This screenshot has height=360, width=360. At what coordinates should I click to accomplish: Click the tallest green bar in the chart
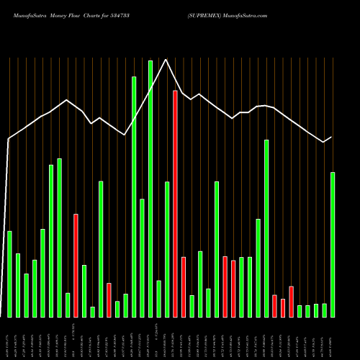150,189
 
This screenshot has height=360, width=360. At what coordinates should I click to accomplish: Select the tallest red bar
175,204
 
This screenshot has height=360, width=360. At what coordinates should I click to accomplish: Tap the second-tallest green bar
134,197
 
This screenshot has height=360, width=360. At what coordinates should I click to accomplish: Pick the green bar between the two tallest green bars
142,258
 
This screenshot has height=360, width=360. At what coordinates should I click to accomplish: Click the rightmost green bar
333,244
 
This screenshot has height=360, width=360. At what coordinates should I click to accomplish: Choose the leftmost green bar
9,274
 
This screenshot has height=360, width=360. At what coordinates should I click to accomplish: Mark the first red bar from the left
76,265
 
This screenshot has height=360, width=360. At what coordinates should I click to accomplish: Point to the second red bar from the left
109,300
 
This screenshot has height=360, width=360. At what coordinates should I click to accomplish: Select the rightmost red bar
291,302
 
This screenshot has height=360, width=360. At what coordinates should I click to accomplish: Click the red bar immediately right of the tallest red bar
184,287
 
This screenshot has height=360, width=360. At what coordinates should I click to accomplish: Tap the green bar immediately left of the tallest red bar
167,249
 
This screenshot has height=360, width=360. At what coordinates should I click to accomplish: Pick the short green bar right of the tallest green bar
158,299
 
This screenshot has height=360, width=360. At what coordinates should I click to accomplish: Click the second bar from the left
18,285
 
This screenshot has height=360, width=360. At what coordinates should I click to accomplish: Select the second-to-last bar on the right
324,310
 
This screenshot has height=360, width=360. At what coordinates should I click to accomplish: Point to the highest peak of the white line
166,60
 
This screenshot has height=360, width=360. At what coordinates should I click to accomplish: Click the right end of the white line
332,137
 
